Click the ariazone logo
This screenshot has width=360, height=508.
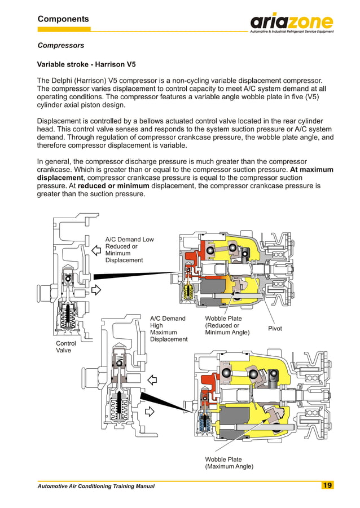(292, 23)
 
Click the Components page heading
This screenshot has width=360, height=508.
(63, 19)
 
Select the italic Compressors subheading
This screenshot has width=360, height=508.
(60, 45)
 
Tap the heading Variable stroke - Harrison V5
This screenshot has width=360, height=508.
(86, 64)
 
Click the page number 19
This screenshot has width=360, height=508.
(327, 485)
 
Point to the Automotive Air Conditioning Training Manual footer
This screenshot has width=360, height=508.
(95, 486)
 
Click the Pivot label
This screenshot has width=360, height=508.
(275, 329)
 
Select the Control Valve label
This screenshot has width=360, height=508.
(65, 347)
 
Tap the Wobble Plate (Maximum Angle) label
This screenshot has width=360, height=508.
(229, 463)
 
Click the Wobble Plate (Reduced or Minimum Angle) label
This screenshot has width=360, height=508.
(227, 325)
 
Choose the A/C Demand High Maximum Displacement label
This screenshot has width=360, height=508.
(168, 329)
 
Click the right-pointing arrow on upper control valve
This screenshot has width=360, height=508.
(96, 290)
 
